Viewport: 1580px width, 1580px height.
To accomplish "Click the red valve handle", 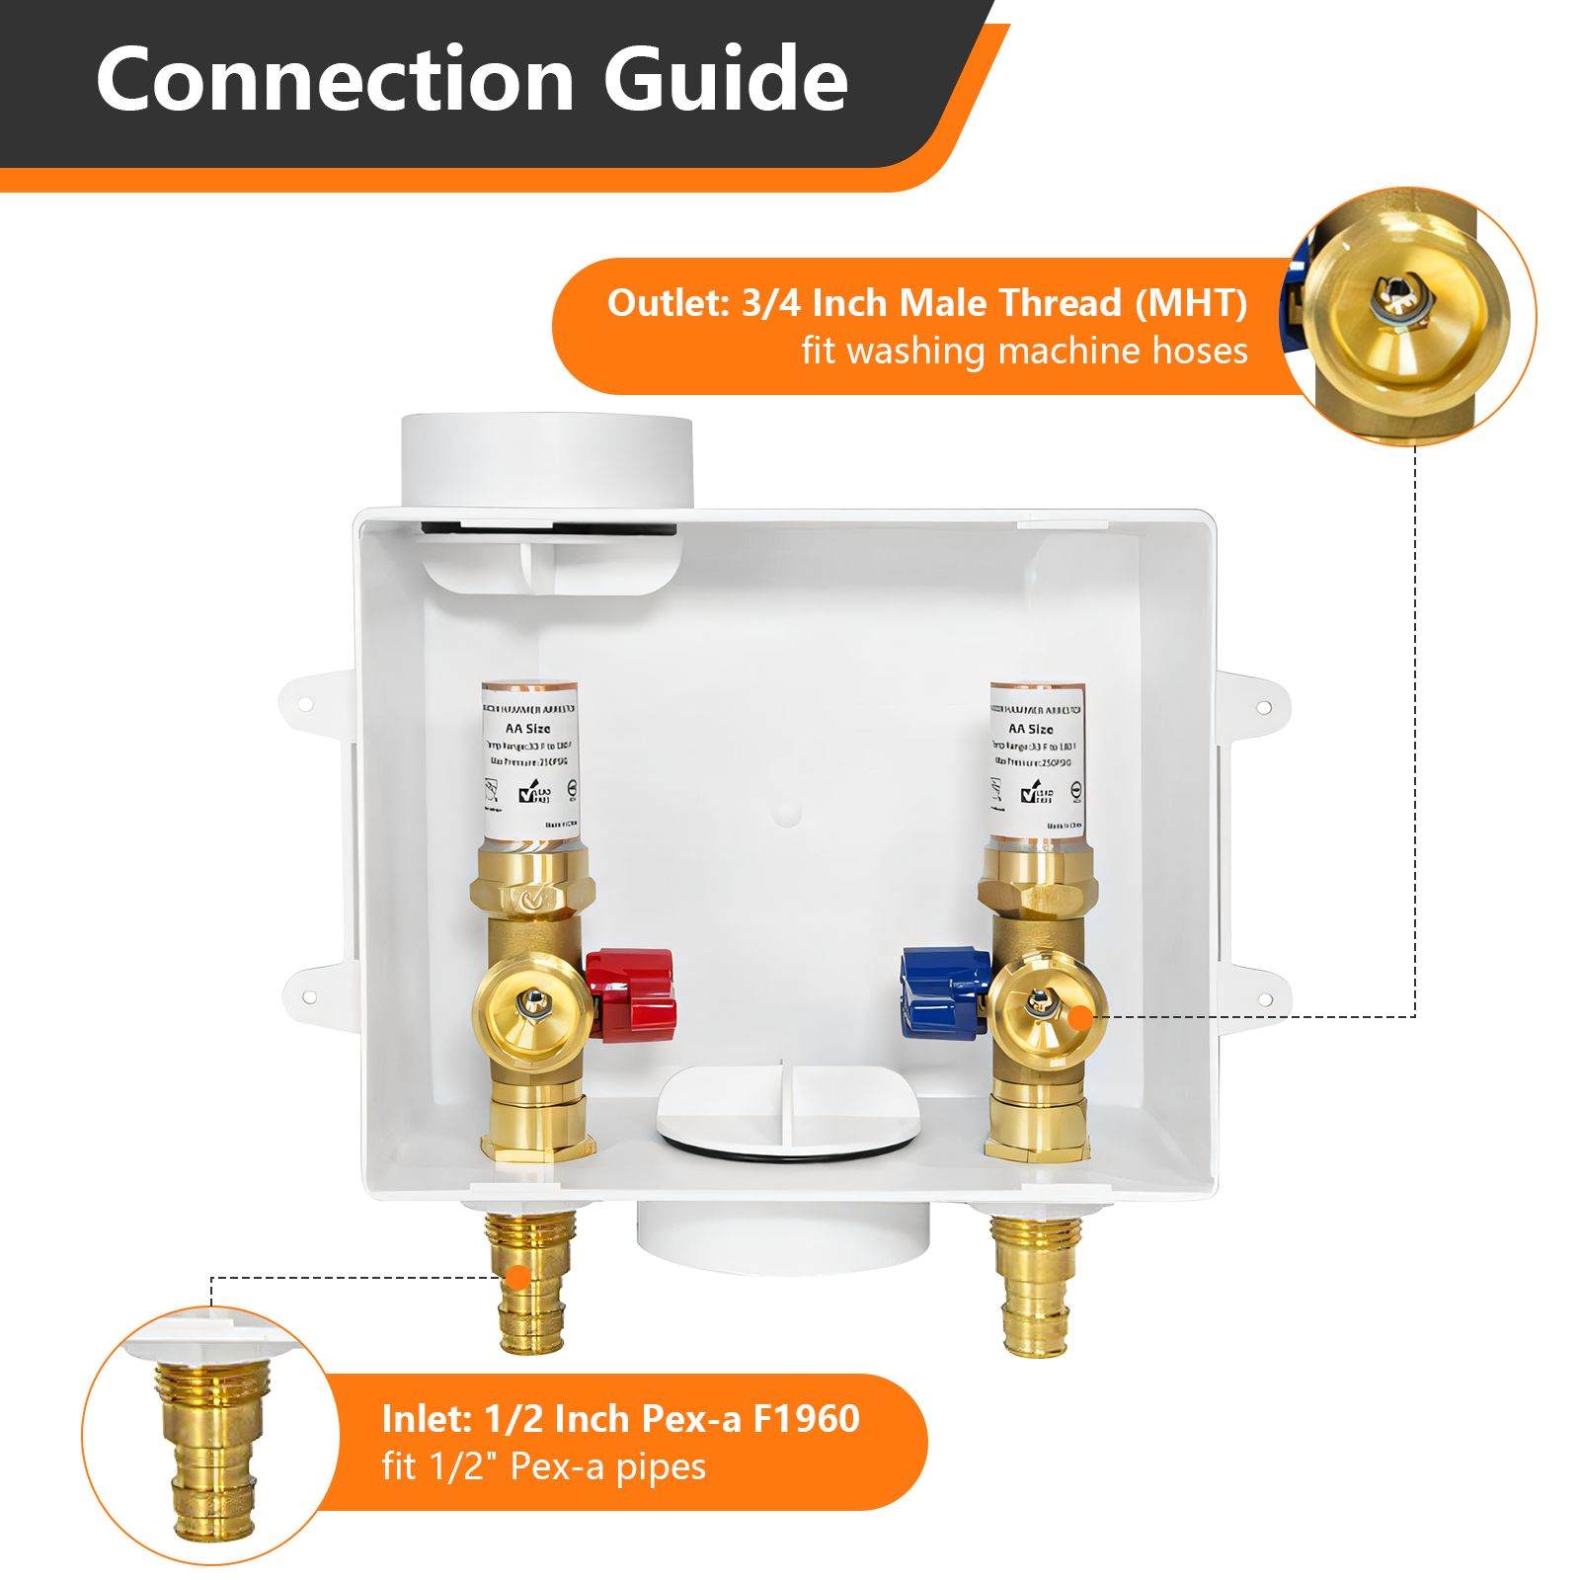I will pos(630,985).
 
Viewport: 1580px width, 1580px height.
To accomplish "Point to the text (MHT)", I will pos(1190,303).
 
